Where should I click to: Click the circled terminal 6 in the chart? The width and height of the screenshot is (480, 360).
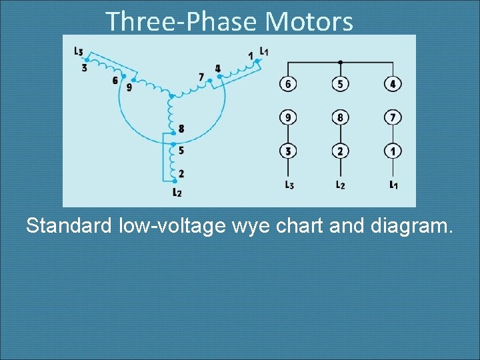[287, 85]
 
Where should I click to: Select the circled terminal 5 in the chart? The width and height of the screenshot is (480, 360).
[340, 85]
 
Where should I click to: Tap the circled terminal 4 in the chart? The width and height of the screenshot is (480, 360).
[393, 85]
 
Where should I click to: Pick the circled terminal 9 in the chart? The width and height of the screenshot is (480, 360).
[287, 118]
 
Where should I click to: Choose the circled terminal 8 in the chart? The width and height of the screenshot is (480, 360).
[340, 118]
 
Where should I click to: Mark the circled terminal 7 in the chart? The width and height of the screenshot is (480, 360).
[393, 118]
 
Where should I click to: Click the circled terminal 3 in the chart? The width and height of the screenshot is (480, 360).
[287, 151]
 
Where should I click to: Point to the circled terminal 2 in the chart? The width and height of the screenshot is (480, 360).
[340, 151]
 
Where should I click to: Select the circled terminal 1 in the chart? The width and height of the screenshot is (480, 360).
[393, 151]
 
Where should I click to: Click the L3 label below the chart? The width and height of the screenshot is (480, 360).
[288, 185]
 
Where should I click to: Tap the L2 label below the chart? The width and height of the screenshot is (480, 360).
[340, 185]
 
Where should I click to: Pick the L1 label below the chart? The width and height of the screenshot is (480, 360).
[393, 185]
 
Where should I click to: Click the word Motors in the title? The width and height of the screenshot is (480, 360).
[309, 21]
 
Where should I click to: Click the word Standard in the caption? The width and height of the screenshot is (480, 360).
[69, 226]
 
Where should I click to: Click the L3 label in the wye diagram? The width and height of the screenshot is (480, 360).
[79, 51]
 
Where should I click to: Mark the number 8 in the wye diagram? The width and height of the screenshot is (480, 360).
[181, 129]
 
